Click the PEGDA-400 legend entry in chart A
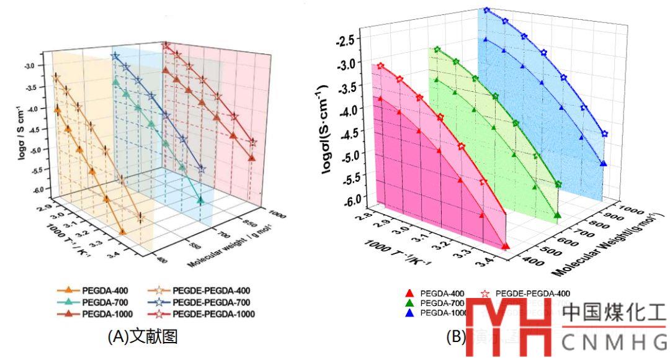click(x=99, y=290)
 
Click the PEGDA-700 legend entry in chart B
click(x=442, y=303)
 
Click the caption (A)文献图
click(x=143, y=337)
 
